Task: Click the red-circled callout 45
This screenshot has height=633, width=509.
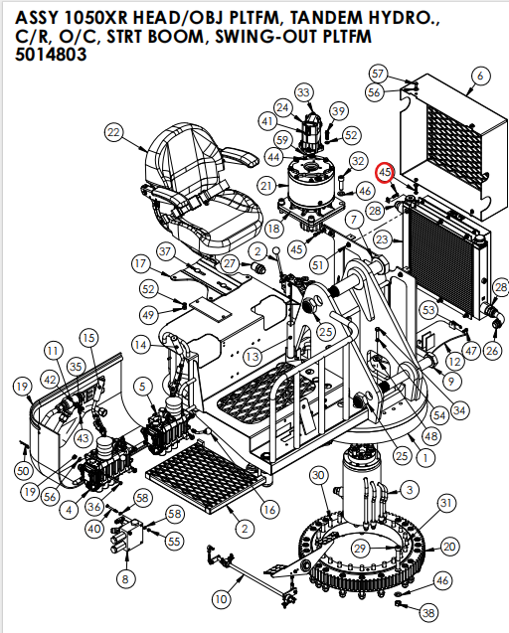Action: tap(386, 172)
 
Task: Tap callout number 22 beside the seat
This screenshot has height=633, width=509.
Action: tap(113, 133)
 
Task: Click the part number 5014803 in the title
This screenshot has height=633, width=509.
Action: tap(51, 56)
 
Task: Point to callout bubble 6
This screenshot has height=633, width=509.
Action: tap(480, 76)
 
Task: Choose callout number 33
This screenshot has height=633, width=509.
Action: tap(302, 92)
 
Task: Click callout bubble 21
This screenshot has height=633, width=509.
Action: tap(265, 186)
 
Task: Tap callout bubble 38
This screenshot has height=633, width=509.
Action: tap(428, 613)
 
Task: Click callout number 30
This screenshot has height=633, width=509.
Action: tap(318, 476)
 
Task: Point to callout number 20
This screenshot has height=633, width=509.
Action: tap(449, 547)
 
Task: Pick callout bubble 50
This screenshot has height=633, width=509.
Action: tap(24, 470)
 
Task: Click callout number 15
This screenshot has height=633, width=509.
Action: tap(88, 339)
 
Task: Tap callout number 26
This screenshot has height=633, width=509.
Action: tap(492, 350)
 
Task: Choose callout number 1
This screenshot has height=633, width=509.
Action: tap(424, 459)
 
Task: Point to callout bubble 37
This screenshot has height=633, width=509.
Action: tap(165, 250)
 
